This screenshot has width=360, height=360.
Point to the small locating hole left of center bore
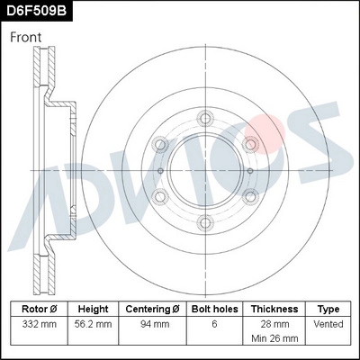(159, 170)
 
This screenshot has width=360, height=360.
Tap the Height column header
(94, 308)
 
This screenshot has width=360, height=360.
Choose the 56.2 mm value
(94, 322)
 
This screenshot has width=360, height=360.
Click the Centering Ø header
(156, 308)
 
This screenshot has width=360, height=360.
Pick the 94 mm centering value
(156, 322)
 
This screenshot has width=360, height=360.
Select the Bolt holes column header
(215, 308)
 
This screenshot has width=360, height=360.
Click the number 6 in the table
(215, 322)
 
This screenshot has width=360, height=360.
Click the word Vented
(328, 322)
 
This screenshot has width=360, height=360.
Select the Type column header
(328, 308)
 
